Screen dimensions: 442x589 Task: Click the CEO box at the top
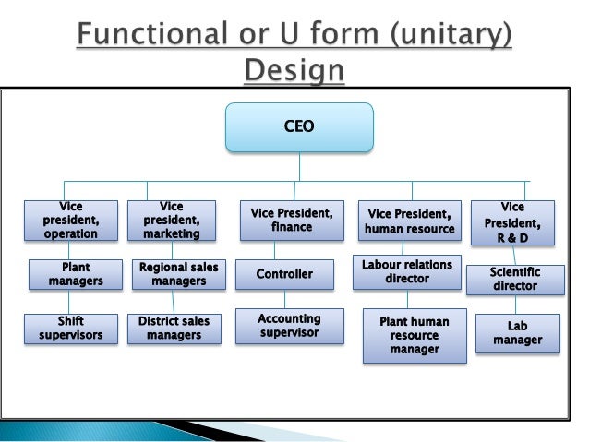(300, 127)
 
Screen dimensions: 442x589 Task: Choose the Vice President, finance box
(292, 221)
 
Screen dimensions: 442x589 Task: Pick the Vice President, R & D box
(512, 222)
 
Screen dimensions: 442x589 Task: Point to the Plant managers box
(76, 274)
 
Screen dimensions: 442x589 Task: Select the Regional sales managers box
(178, 274)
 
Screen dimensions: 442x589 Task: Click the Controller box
(284, 274)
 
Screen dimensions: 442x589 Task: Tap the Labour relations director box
(406, 271)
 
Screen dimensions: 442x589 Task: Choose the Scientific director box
(515, 279)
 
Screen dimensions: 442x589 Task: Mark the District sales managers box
(174, 329)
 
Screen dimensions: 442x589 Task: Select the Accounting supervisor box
(289, 325)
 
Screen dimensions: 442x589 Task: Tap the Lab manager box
(518, 333)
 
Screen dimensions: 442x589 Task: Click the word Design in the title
(293, 70)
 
